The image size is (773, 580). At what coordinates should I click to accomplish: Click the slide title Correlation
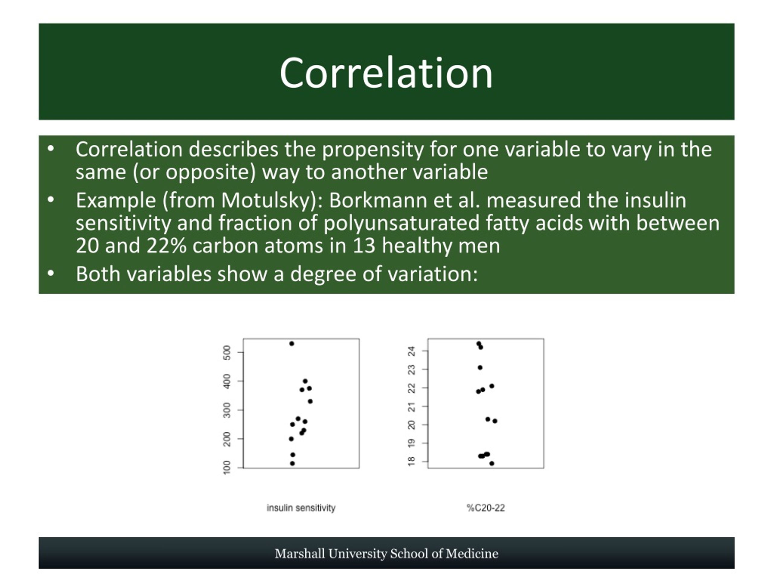(x=386, y=73)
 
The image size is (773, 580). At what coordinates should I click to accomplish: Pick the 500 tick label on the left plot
(x=227, y=353)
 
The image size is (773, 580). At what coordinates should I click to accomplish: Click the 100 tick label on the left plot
(x=227, y=467)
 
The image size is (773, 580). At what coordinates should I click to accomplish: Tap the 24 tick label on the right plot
(x=412, y=351)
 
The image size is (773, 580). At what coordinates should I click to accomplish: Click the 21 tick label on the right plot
(x=412, y=406)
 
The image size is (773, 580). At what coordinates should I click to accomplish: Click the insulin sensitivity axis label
(x=301, y=508)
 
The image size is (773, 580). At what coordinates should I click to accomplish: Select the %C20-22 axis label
(x=486, y=508)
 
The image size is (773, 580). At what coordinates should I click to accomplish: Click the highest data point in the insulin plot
(x=292, y=344)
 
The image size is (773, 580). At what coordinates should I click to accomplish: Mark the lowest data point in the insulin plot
(x=293, y=464)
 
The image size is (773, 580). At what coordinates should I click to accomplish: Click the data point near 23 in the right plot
(x=480, y=367)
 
